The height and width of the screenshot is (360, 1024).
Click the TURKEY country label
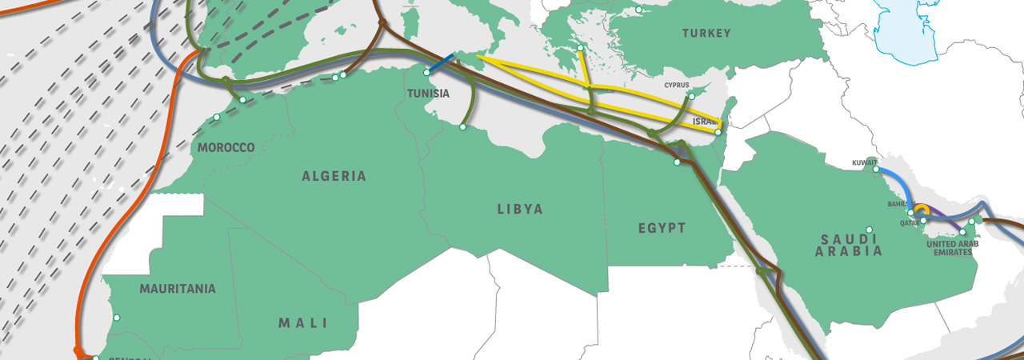click(706, 34)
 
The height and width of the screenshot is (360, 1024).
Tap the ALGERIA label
click(334, 176)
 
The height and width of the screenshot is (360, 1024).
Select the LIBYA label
click(520, 210)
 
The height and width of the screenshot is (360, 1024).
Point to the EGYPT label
click(662, 228)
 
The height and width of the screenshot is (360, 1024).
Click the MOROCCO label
click(226, 148)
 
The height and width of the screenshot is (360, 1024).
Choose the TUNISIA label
click(429, 94)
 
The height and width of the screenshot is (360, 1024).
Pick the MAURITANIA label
click(178, 289)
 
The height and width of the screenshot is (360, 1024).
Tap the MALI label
click(303, 323)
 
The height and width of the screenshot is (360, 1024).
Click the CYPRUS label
click(677, 85)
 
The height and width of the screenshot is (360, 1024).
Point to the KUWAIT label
click(865, 162)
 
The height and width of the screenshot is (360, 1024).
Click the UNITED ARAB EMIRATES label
click(950, 248)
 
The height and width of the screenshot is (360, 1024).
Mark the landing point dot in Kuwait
click(876, 170)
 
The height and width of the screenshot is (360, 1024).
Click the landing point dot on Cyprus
click(691, 97)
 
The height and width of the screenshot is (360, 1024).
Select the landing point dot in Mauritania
click(117, 318)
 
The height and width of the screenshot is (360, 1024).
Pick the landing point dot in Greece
click(580, 48)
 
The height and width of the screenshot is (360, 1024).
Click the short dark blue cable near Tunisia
click(441, 63)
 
